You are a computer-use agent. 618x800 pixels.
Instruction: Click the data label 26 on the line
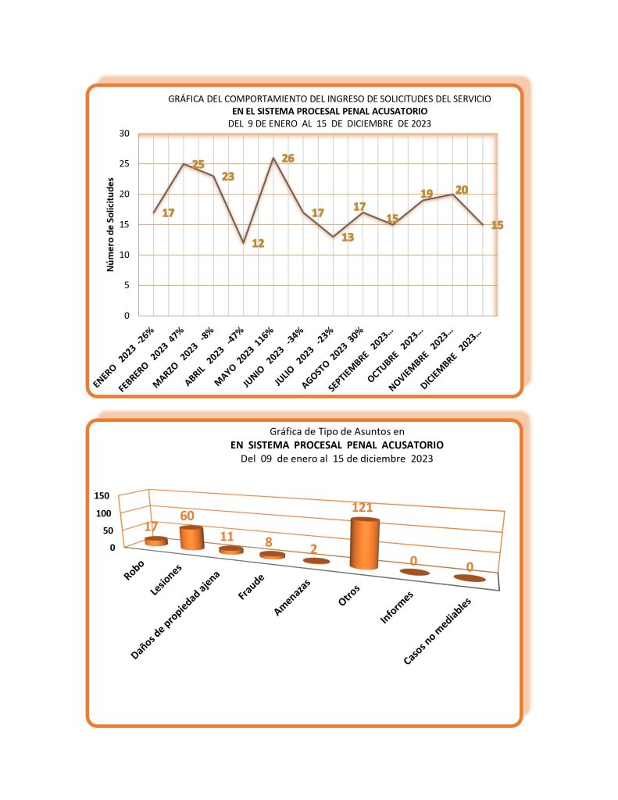[288, 159]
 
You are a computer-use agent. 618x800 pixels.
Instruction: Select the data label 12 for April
[258, 244]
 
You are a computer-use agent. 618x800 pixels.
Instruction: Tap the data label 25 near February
[198, 165]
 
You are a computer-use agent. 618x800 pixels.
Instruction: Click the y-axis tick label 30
[123, 134]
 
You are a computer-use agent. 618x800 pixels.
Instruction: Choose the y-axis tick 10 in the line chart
[123, 255]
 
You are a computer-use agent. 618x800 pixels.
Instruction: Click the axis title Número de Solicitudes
[110, 225]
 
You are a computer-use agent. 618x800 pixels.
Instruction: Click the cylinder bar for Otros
[365, 544]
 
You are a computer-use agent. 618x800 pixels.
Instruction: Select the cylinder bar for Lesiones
[191, 537]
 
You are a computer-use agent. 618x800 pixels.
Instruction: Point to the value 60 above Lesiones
[188, 516]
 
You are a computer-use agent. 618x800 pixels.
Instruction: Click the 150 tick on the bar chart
[103, 497]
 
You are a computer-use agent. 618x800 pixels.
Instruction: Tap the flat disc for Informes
[414, 573]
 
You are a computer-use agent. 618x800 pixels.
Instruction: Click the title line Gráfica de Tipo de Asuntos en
[337, 430]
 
